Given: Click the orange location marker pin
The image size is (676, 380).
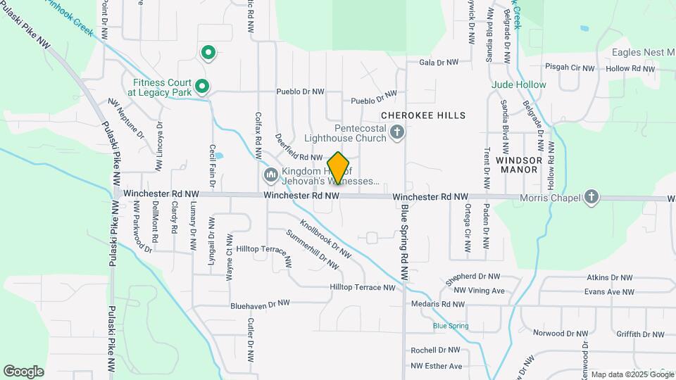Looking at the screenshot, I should (x=338, y=168).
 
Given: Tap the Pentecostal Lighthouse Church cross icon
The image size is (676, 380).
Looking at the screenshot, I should (x=397, y=132).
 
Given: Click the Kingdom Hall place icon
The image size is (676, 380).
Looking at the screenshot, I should (x=270, y=174).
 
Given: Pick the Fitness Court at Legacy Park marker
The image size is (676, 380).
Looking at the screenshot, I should (x=202, y=86).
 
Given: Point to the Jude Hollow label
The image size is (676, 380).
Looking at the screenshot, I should (x=519, y=84).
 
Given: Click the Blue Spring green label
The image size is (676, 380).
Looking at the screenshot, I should (x=451, y=326).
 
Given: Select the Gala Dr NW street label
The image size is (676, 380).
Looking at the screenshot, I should (x=439, y=63).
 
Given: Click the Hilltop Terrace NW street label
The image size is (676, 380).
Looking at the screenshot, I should (x=363, y=287).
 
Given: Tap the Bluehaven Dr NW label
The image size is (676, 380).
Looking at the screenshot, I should (x=260, y=305).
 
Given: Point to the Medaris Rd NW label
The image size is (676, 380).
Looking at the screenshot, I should (x=438, y=305).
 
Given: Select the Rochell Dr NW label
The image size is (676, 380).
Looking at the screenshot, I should (x=435, y=350).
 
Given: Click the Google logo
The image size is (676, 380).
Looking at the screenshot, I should (x=24, y=371).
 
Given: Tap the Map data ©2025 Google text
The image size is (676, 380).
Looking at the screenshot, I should (x=632, y=374).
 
